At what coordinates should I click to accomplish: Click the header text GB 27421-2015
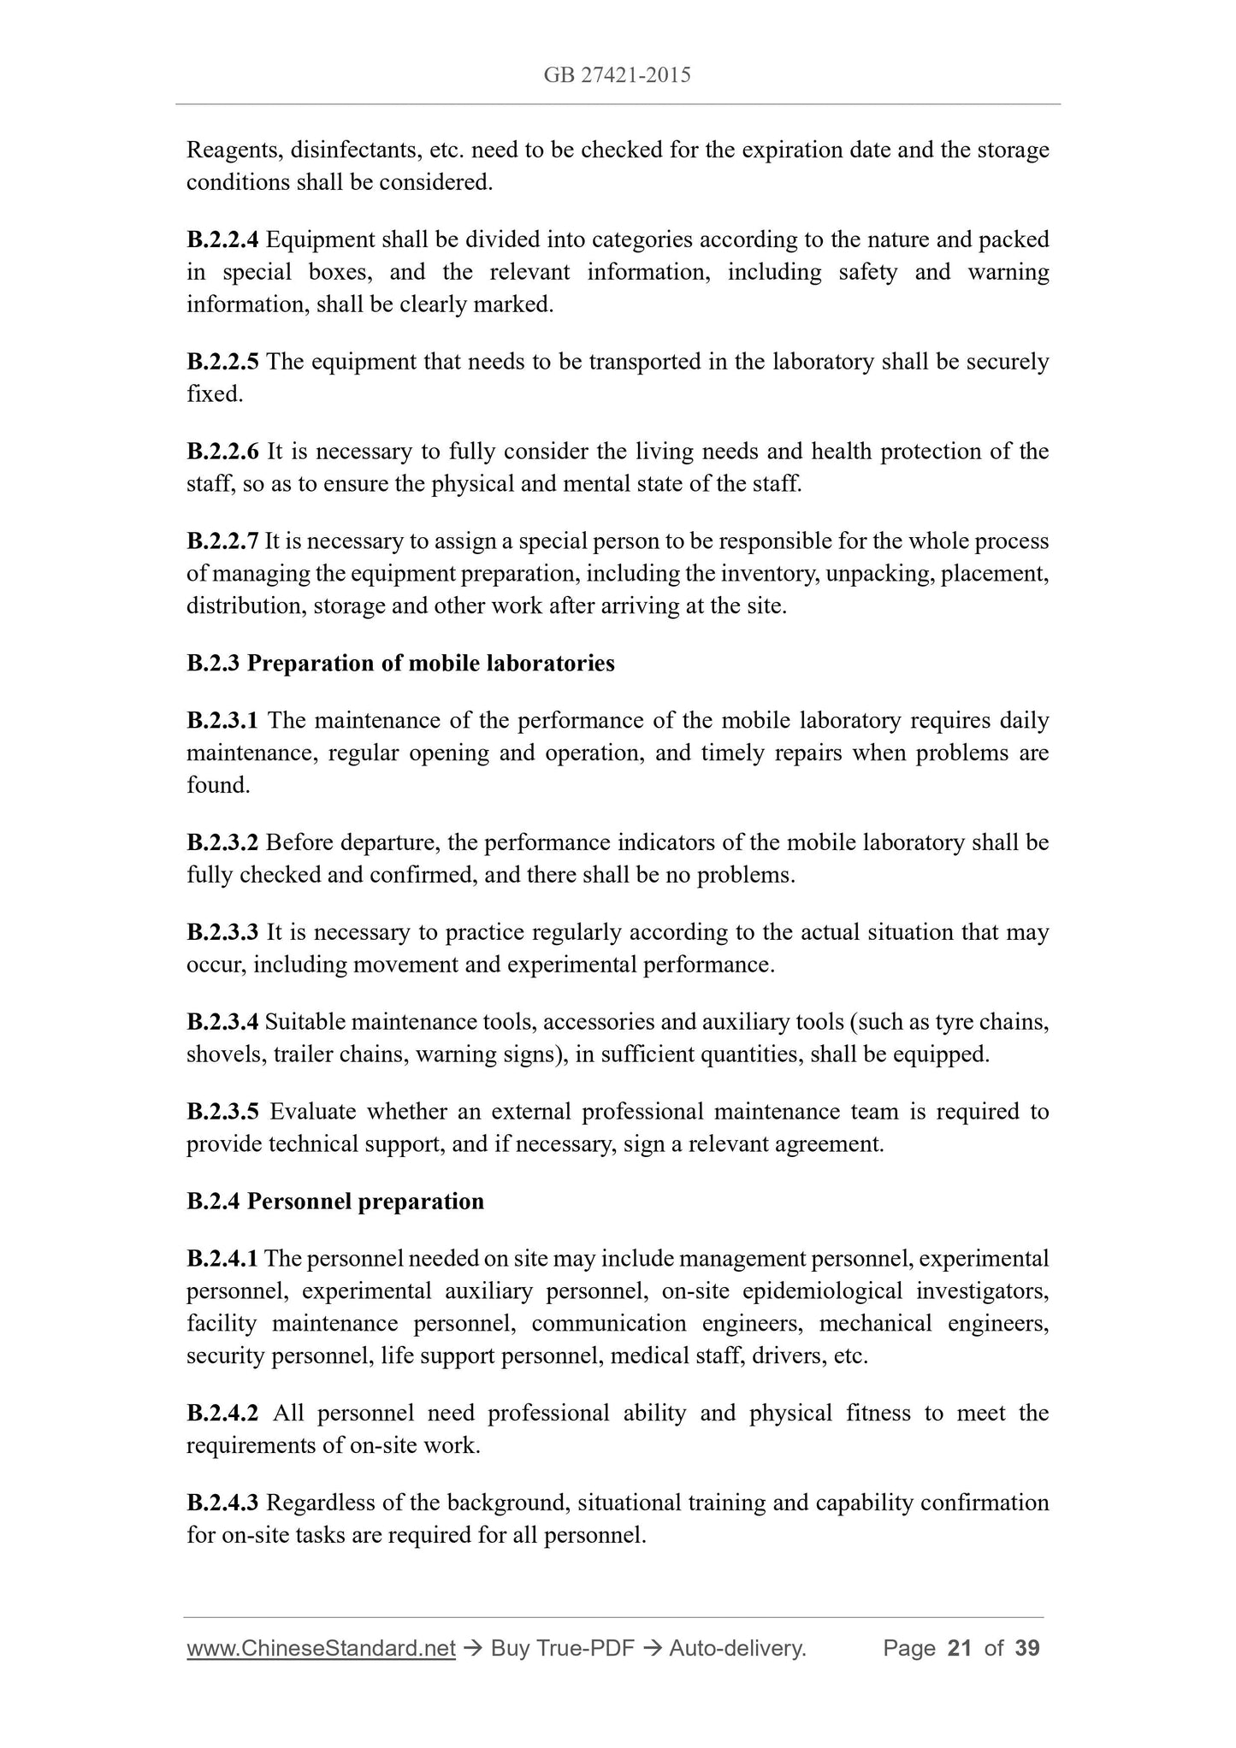[617, 75]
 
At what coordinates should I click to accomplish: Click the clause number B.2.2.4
[222, 240]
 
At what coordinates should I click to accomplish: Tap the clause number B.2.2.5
[222, 363]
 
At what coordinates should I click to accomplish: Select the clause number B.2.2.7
[222, 541]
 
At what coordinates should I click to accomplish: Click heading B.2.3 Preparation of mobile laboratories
[400, 664]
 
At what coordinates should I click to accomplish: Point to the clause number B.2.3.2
[222, 843]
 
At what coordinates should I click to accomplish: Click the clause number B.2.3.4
[222, 1022]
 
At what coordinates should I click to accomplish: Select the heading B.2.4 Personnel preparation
[335, 1202]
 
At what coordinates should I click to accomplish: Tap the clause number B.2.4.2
[222, 1414]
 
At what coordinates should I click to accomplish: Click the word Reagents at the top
[234, 151]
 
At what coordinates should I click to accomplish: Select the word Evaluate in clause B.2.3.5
[313, 1112]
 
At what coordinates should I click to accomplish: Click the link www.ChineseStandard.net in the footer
[321, 1649]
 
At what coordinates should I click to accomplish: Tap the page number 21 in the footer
[960, 1649]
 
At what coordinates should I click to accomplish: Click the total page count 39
[1026, 1649]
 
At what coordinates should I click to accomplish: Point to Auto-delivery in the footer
[737, 1649]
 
